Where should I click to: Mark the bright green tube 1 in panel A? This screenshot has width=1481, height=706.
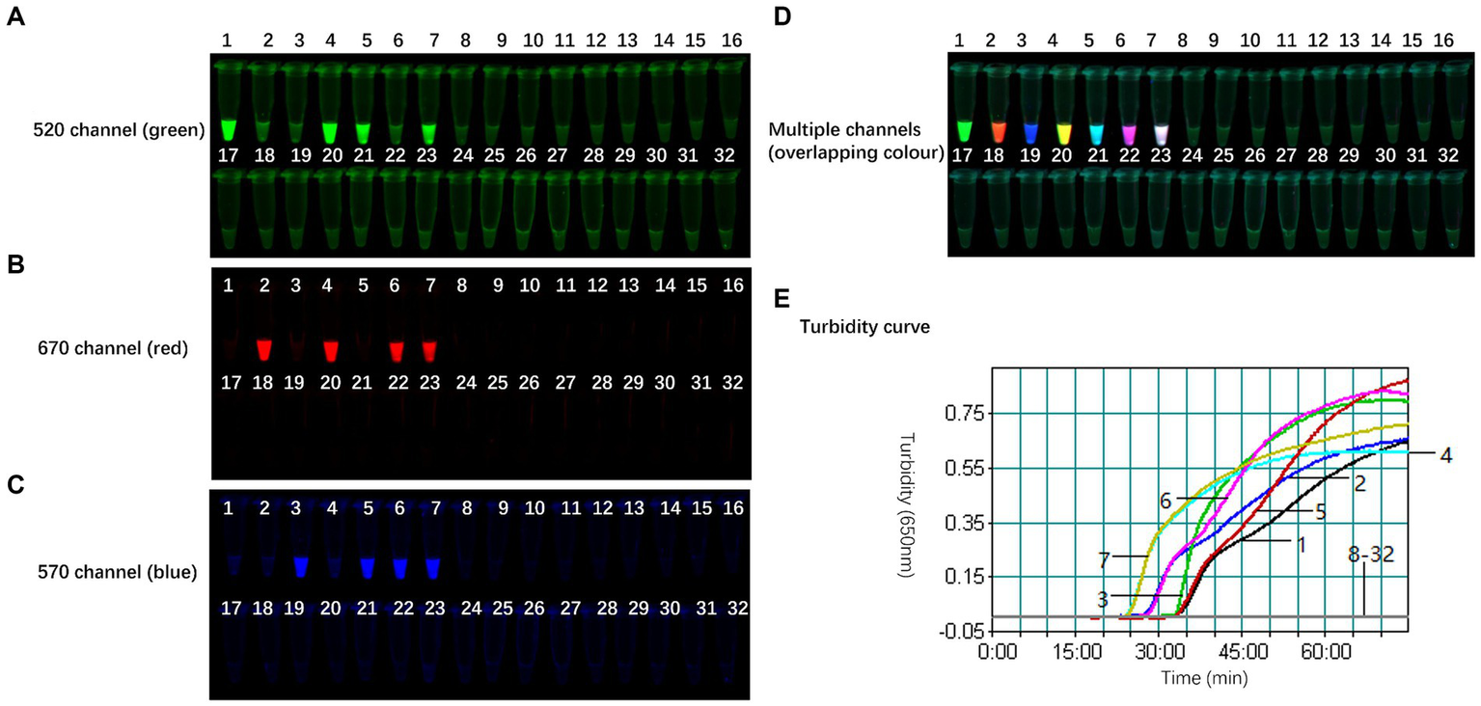click(229, 128)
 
